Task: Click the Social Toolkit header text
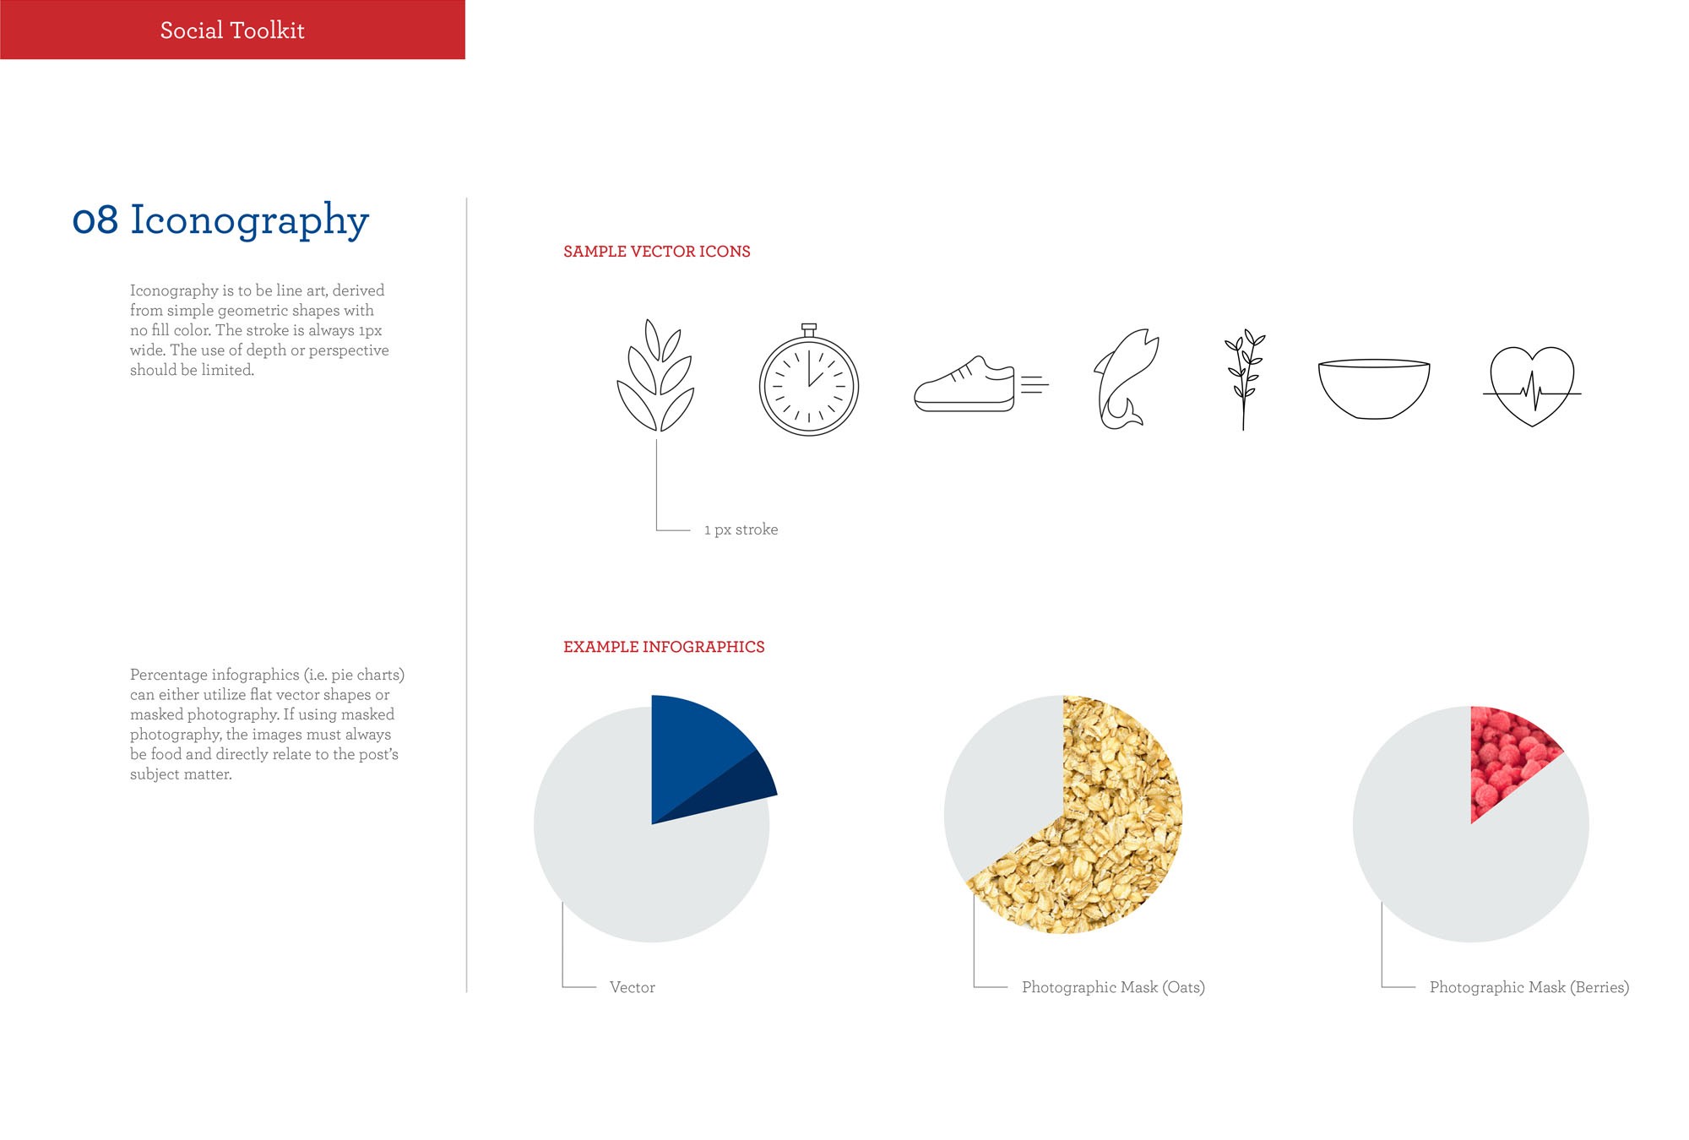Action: coord(232,30)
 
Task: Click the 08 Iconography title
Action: coord(220,220)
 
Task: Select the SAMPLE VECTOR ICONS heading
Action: coord(657,252)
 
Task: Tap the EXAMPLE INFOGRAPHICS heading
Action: coord(664,647)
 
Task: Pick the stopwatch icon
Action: coord(809,380)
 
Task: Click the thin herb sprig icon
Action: coord(1243,380)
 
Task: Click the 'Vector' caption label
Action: coord(633,987)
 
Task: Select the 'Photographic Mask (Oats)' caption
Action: coord(1113,987)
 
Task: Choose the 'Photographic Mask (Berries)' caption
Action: coord(1529,987)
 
